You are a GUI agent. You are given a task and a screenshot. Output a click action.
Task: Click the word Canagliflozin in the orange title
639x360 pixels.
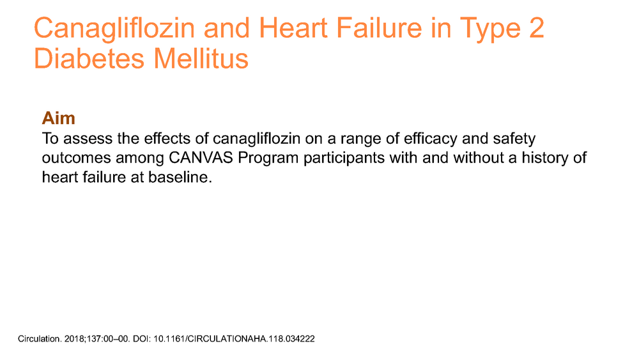tap(114, 29)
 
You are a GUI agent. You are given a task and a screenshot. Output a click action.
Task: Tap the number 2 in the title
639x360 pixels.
tap(537, 27)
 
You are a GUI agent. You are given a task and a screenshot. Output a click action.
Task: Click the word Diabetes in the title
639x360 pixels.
tap(89, 58)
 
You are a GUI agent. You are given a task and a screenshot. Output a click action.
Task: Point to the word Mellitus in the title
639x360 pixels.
tap(201, 58)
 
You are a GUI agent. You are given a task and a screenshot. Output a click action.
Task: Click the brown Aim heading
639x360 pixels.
tap(59, 118)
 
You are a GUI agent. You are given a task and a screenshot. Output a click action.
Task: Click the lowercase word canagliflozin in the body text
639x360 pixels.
tap(257, 139)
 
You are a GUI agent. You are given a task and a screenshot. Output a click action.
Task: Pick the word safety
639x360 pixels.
tap(514, 139)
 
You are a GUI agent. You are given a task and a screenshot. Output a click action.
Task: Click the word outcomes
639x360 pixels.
tap(76, 158)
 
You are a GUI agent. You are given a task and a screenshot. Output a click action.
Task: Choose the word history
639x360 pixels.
tap(545, 158)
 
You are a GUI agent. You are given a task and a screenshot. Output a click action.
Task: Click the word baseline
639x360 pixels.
tap(180, 177)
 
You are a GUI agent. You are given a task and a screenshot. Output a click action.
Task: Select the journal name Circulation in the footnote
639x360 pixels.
tap(40, 339)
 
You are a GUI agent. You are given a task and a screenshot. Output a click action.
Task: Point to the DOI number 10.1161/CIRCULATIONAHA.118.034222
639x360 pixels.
tap(234, 339)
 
